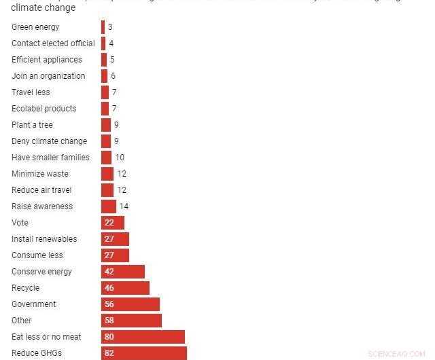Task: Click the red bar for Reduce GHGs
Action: point(144,353)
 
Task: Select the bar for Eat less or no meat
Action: point(143,337)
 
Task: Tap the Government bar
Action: point(130,304)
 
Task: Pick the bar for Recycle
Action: point(125,288)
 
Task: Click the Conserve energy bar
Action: point(123,272)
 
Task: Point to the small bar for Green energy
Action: point(103,27)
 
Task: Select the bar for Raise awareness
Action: point(109,206)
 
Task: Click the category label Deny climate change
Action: point(49,141)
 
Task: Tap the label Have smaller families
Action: point(50,158)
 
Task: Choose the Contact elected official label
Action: point(53,43)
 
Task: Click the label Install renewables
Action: point(44,239)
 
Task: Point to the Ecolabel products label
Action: point(43,109)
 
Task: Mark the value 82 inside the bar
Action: point(109,353)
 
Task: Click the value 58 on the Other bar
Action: point(109,321)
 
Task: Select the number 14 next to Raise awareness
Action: point(124,206)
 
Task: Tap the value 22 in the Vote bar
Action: point(109,223)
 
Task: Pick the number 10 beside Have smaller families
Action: point(120,158)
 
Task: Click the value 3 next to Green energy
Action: point(110,27)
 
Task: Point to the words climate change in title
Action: point(43,8)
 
